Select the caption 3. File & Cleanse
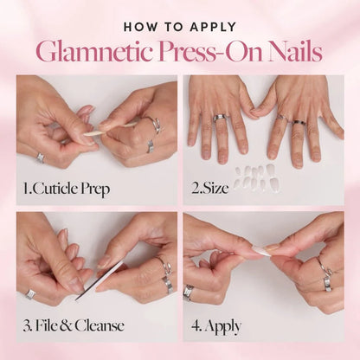pyautogui.click(x=74, y=326)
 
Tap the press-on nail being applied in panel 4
pyautogui.click(x=260, y=252)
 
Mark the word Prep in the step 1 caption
pyautogui.click(x=97, y=186)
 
